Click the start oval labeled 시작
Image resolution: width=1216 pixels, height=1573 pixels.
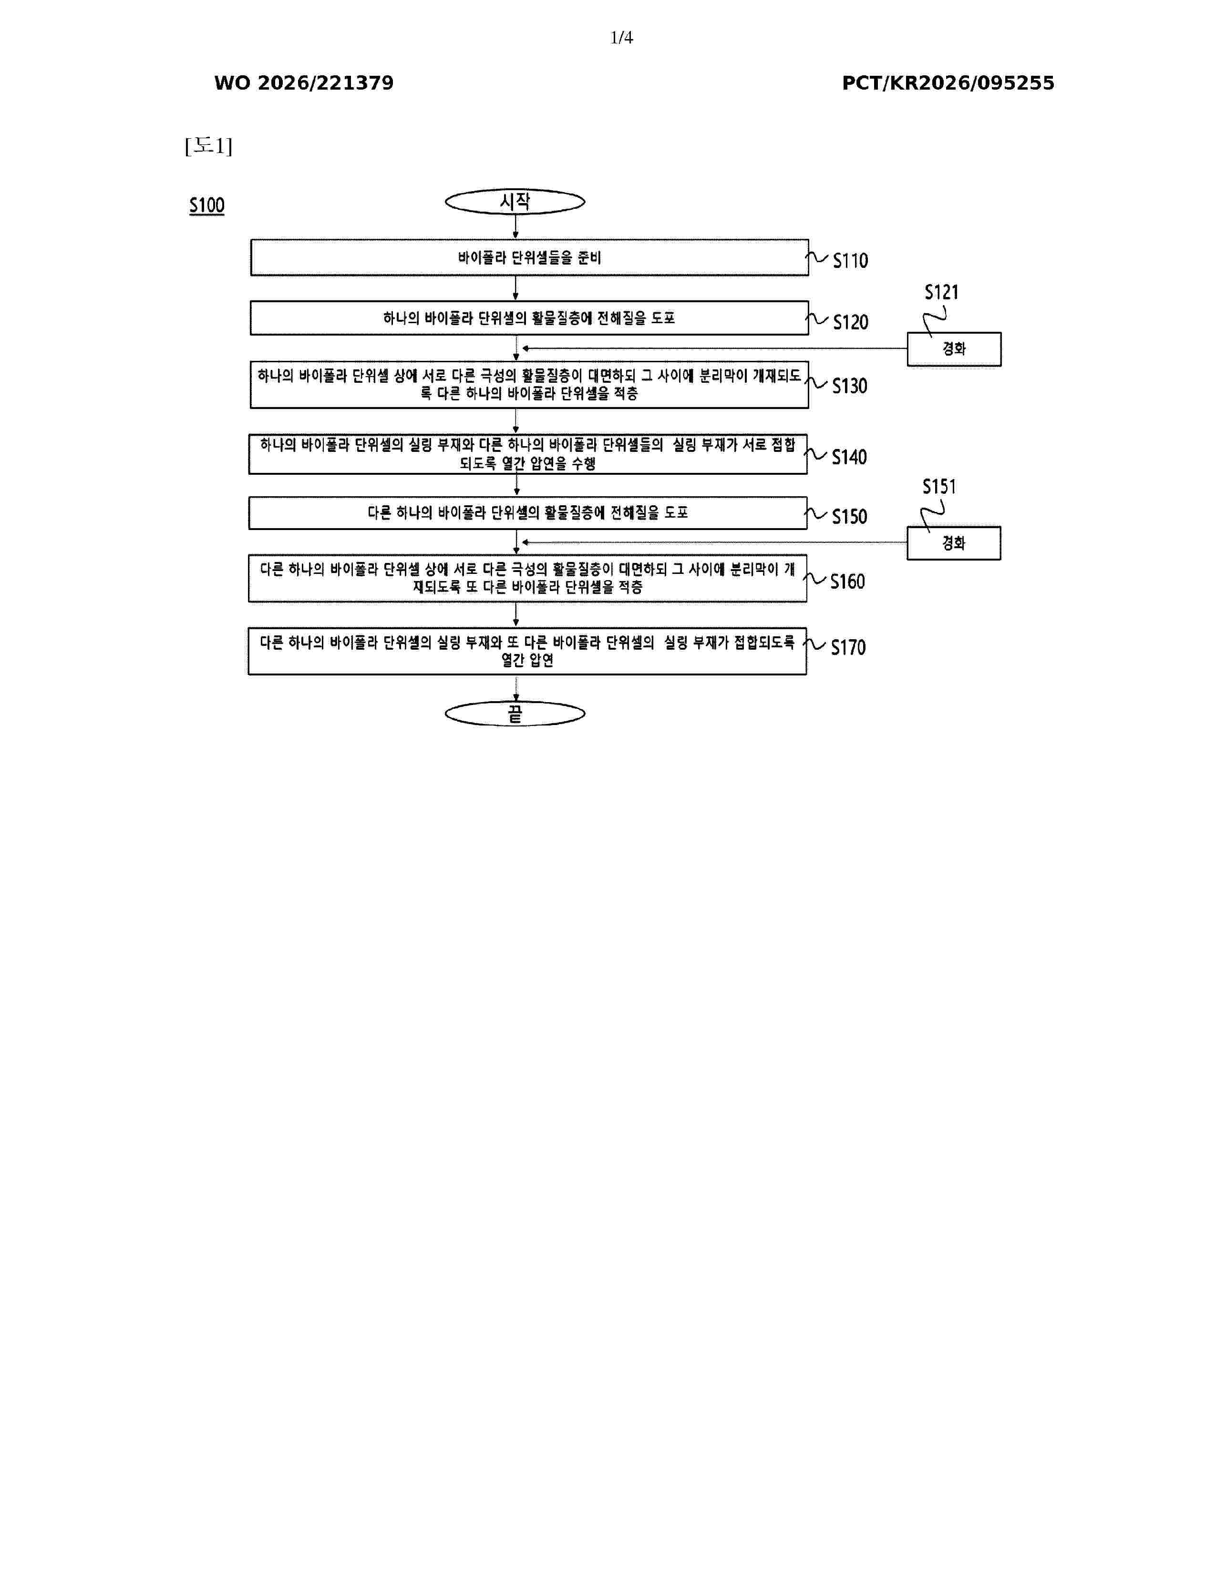click(x=515, y=202)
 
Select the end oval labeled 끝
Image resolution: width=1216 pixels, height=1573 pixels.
click(x=515, y=714)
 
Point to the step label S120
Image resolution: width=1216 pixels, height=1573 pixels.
click(x=850, y=322)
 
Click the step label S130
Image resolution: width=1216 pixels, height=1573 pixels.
click(x=849, y=386)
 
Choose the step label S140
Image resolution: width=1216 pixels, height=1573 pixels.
click(x=849, y=457)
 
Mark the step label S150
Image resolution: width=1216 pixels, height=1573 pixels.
click(x=849, y=516)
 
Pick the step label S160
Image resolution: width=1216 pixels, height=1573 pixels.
click(x=847, y=581)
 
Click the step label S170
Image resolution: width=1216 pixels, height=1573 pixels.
click(x=848, y=647)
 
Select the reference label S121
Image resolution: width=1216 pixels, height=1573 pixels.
click(x=941, y=292)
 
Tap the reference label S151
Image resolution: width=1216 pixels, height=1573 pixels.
click(x=939, y=487)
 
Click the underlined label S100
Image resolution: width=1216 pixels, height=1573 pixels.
click(x=207, y=206)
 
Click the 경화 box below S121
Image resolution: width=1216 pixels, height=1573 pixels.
click(x=954, y=349)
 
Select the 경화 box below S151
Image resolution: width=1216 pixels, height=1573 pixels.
click(x=954, y=543)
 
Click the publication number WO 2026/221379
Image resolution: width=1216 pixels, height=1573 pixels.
click(x=304, y=83)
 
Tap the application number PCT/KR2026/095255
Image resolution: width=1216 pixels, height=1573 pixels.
click(x=948, y=83)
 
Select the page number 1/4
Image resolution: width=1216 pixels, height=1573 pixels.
click(x=621, y=38)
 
